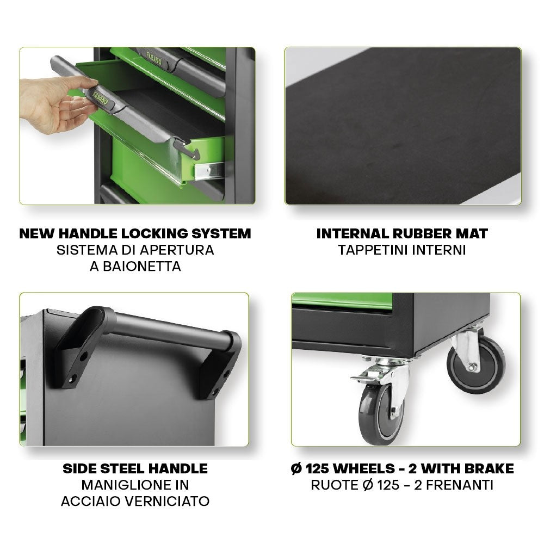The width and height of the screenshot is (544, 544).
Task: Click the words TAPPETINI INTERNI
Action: click(x=402, y=250)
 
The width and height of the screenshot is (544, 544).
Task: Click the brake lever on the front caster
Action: click(x=363, y=376)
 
